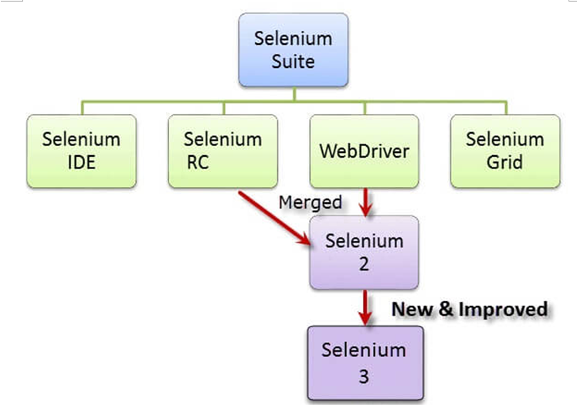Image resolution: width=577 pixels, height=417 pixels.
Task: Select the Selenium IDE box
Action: point(81,151)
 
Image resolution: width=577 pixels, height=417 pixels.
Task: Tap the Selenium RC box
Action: point(222,151)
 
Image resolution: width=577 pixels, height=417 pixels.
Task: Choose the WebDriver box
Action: point(364,151)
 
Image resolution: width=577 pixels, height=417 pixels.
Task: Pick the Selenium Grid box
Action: point(505,151)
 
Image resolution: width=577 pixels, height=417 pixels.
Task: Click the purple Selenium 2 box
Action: point(364,253)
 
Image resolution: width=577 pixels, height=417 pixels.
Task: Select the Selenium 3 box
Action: point(364,363)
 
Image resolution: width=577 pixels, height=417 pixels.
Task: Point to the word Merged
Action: point(310,202)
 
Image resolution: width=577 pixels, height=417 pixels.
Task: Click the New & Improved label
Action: point(470,309)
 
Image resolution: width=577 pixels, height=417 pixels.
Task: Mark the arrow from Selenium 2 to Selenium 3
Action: point(365,307)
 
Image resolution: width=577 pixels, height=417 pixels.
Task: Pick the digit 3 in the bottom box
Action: point(364,376)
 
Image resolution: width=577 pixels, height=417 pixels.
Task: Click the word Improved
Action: point(503,309)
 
